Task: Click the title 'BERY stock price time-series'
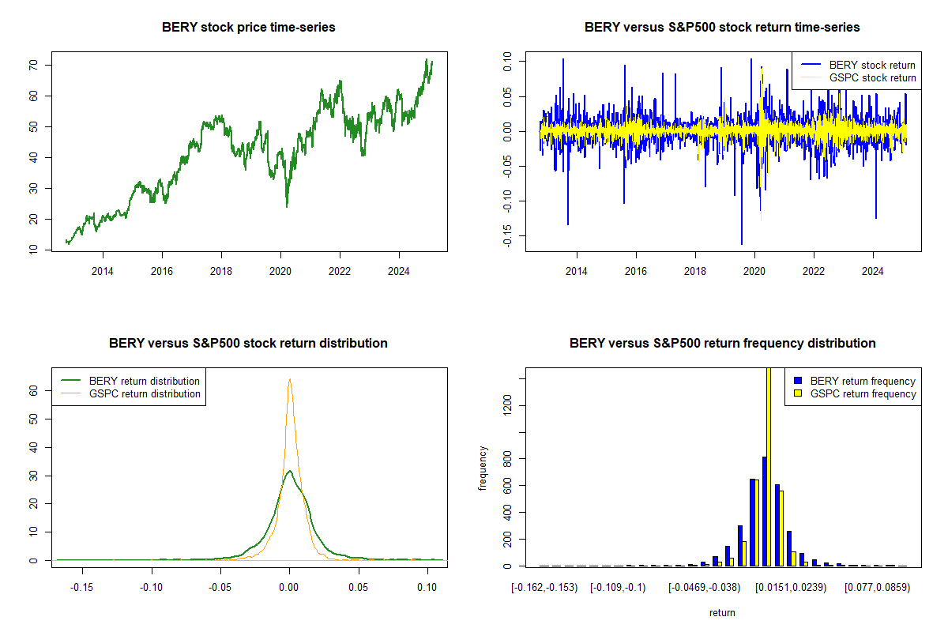point(249,28)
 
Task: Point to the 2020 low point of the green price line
point(287,206)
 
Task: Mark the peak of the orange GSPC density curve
point(290,379)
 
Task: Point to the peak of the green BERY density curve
point(290,472)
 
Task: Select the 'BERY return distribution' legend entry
point(144,381)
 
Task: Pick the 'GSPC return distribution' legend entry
point(145,393)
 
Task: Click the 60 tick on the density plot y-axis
point(35,390)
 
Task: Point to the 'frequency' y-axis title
point(483,468)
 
